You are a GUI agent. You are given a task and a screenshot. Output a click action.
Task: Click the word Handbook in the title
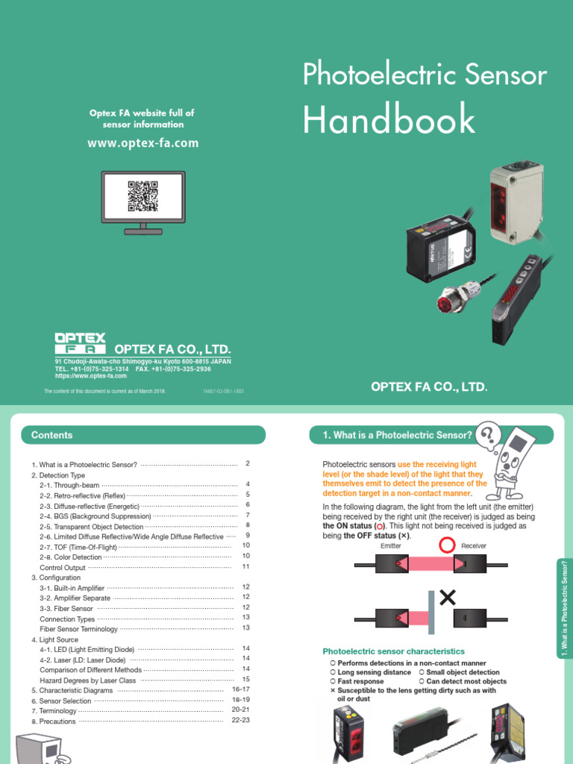pos(389,120)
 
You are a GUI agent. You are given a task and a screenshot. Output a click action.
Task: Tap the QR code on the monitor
pos(143,195)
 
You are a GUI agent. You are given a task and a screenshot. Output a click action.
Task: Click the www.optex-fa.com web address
pos(143,143)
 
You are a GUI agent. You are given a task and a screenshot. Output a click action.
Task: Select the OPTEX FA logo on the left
pos(81,343)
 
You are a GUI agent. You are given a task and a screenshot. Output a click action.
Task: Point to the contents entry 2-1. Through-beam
pos(69,485)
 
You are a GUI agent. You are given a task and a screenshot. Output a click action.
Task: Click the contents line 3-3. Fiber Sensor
pos(66,609)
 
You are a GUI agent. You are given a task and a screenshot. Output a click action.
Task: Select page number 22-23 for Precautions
pos(240,720)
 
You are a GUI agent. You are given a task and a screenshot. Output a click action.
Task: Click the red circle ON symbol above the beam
pos(446,546)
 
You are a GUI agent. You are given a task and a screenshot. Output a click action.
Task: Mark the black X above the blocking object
pos(448,596)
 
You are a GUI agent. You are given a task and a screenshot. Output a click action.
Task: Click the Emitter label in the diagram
pos(391,546)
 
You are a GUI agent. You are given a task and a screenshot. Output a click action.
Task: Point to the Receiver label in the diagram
pos(474,546)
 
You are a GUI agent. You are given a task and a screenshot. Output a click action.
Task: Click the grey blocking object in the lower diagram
pos(431,616)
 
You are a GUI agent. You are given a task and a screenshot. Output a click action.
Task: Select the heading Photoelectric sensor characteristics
pos(393,651)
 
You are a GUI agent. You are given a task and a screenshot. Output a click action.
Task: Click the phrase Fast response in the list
pos(360,681)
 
